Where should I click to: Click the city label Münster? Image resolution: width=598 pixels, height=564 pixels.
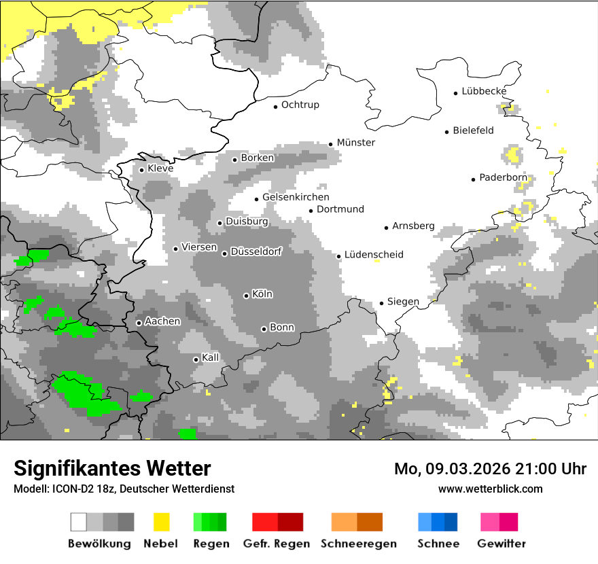click(356, 143)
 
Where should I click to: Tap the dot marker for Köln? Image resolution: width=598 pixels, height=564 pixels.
click(247, 296)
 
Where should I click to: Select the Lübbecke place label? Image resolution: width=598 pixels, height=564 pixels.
click(484, 91)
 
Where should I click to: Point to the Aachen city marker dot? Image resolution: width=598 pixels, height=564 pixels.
click(139, 323)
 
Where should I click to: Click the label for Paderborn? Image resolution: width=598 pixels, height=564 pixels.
click(503, 178)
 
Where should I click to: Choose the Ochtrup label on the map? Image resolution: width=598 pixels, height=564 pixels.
click(300, 105)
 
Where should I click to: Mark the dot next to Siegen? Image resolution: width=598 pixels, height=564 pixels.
click(382, 303)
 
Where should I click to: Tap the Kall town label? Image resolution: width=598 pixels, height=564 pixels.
click(211, 357)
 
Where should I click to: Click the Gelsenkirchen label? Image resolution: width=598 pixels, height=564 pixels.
click(296, 198)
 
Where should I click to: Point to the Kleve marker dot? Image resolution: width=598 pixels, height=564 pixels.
click(141, 170)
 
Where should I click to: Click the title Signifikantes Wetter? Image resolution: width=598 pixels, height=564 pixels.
click(112, 468)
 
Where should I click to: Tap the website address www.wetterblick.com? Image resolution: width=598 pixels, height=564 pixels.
click(490, 489)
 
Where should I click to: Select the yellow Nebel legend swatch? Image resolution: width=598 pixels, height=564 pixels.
click(161, 522)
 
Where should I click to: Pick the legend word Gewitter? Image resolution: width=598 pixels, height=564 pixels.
click(502, 544)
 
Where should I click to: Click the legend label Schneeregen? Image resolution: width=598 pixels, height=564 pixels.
click(359, 544)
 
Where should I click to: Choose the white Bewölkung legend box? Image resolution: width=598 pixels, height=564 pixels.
click(79, 522)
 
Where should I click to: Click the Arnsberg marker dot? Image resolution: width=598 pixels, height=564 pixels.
click(386, 228)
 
